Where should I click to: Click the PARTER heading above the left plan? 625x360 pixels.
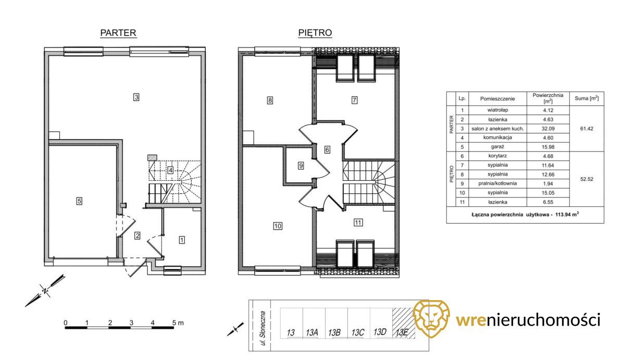coord(118,33)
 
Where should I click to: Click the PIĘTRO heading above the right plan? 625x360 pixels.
coord(315,33)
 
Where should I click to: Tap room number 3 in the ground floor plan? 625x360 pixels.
coord(136,97)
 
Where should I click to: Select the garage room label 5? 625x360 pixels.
coord(79,201)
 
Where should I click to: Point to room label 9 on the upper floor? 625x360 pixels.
coord(301,166)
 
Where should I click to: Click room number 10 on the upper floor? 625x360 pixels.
coord(278,226)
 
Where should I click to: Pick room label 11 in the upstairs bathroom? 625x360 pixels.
coord(358,222)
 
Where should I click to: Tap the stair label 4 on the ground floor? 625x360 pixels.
coord(170,170)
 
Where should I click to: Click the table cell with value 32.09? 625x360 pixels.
coord(548,129)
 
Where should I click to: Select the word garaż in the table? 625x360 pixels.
coord(497,146)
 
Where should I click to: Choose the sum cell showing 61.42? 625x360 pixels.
coord(586,129)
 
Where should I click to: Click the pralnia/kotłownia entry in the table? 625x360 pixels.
coord(497,183)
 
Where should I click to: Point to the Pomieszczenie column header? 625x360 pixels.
coord(497,98)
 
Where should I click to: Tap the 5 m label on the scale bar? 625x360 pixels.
coord(178,323)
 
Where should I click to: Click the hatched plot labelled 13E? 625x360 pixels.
coord(403,324)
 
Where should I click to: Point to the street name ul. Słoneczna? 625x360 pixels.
coord(262,328)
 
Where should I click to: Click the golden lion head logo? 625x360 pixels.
coord(431,319)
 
